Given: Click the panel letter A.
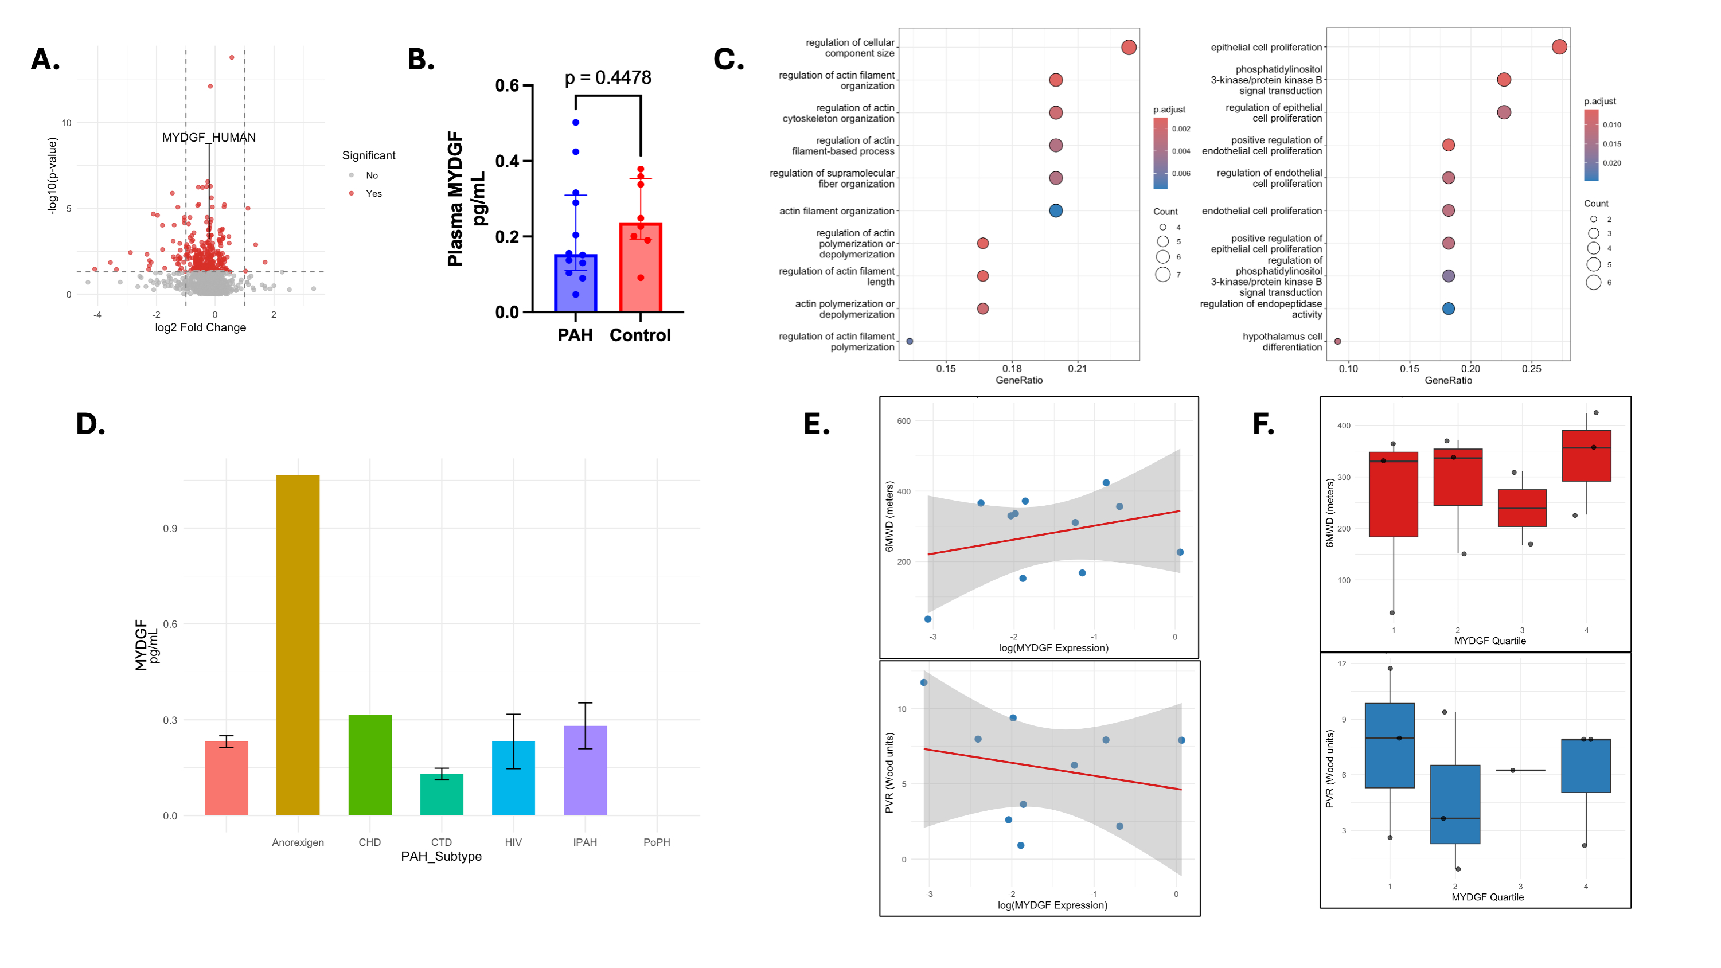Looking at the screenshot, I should click(x=45, y=60).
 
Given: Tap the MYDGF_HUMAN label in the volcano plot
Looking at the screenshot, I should click(x=208, y=138).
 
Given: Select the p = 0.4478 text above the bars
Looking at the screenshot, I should click(x=607, y=78).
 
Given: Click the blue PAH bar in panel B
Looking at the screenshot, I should click(x=575, y=283).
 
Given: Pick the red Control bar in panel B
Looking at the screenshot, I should click(x=640, y=267).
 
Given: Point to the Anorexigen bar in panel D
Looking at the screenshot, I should click(x=298, y=645).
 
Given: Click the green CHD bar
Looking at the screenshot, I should click(x=369, y=764).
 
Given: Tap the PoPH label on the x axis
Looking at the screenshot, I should click(x=656, y=842).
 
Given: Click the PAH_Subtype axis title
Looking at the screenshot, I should click(x=441, y=856).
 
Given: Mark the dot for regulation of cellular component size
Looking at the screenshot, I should click(x=1129, y=48).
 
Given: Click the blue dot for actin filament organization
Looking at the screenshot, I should click(x=1056, y=211).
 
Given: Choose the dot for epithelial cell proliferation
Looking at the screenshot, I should click(x=1559, y=47).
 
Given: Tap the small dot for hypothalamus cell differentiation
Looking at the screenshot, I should click(x=1337, y=341).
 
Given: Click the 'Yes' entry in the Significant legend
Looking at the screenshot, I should click(x=373, y=194).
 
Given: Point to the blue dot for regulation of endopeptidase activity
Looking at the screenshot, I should click(x=1449, y=309).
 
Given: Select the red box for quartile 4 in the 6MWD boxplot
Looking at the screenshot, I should click(x=1586, y=455).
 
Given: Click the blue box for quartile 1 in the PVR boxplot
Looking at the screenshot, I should click(x=1390, y=745).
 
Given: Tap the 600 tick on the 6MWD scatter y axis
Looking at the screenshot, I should click(x=903, y=421).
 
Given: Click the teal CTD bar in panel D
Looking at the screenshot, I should click(x=441, y=794).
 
